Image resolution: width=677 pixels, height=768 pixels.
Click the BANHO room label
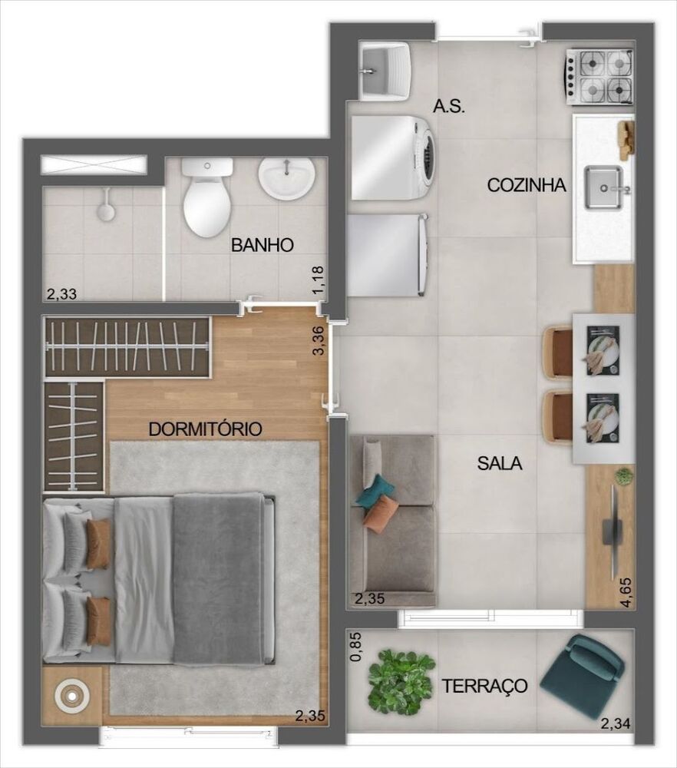point(263,246)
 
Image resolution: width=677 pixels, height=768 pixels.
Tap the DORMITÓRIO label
point(206,429)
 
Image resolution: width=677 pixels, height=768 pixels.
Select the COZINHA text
point(527,185)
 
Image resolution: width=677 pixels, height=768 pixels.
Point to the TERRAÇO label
point(484,685)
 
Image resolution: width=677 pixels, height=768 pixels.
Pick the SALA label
point(500,463)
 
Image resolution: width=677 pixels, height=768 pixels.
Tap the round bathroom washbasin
point(286,179)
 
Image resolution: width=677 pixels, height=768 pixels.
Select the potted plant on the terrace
point(401,680)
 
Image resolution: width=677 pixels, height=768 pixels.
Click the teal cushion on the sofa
point(376,490)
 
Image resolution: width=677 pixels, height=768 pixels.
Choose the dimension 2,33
point(61,293)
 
